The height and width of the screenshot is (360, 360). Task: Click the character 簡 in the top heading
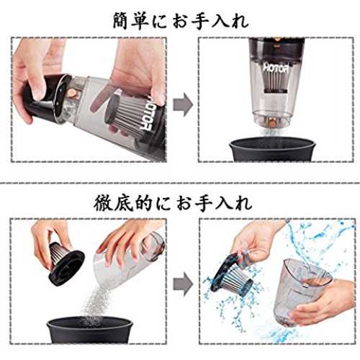point(120,21)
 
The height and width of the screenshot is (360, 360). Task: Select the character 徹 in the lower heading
point(102,204)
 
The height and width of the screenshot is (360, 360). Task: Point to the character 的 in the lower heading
point(143,204)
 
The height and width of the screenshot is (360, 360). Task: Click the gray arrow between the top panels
point(183,104)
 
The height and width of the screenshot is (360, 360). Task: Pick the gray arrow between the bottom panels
point(183,284)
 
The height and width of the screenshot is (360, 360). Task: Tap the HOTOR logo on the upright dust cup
point(276,68)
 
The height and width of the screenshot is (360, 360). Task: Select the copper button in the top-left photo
point(71,94)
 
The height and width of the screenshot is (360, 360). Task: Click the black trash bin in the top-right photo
point(272,149)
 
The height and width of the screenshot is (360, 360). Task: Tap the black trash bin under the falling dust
point(90,330)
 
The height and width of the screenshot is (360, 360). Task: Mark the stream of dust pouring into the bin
point(96,303)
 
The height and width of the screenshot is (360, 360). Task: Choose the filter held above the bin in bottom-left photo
point(64,263)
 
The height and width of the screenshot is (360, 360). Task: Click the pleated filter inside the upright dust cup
point(276,81)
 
